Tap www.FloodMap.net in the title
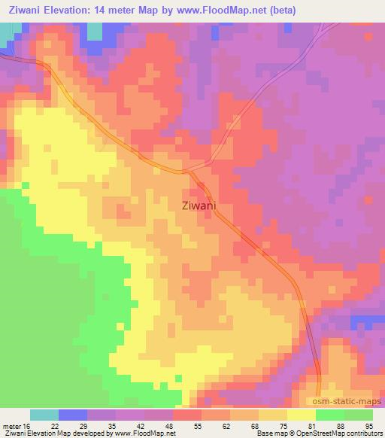point(213,11)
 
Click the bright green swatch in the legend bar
point(330,415)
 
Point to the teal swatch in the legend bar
point(44,415)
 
